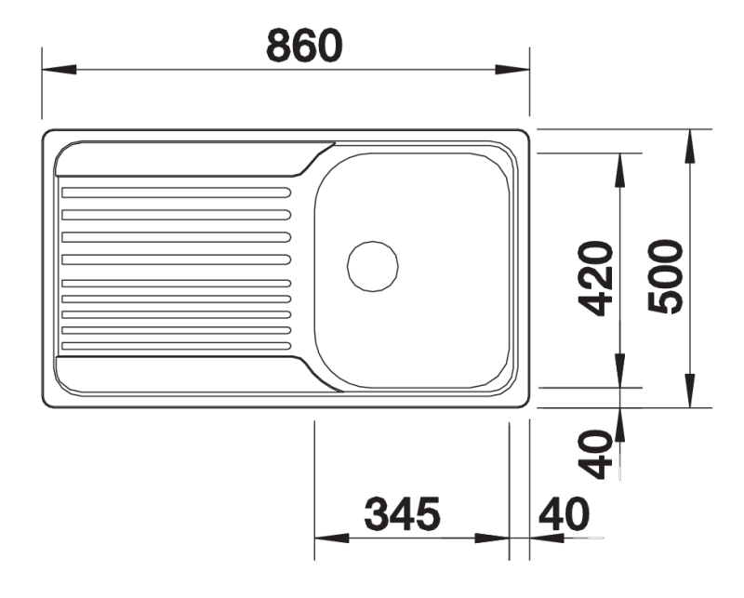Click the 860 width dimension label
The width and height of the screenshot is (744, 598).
304,46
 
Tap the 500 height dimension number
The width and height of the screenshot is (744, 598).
665,277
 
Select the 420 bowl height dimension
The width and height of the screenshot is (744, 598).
596,279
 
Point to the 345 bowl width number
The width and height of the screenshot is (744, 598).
403,514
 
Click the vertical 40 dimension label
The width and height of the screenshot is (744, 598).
596,454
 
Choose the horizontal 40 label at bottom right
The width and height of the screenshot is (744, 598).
565,514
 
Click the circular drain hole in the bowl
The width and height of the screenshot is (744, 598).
373,266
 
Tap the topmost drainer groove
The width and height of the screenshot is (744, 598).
177,193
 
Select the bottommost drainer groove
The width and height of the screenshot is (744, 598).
177,346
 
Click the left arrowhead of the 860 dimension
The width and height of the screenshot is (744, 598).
60,70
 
